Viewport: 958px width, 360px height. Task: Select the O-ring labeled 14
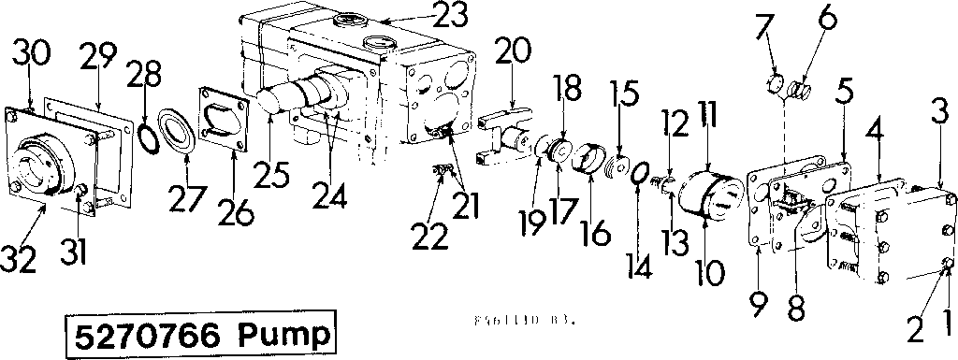tap(641, 175)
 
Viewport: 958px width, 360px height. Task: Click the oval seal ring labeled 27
tap(178, 130)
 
